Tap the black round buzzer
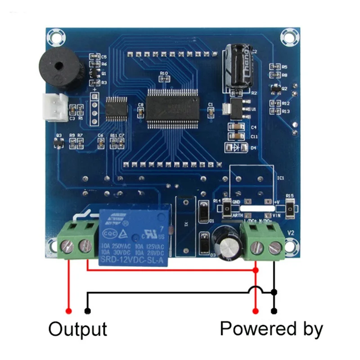[x=60, y=69]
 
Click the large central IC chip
[x=172, y=105]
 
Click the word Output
[x=78, y=329]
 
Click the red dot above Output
[x=69, y=310]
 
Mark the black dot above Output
[x=87, y=310]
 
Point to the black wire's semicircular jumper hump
[x=256, y=289]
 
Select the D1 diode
[x=203, y=211]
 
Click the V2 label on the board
[x=290, y=233]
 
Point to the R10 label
[x=164, y=73]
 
